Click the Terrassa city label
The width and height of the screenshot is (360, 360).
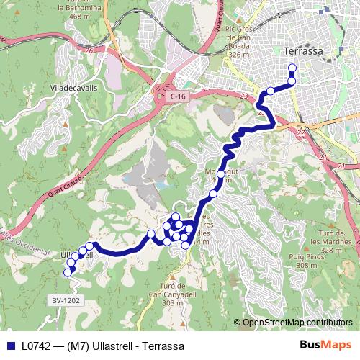[x=302, y=52]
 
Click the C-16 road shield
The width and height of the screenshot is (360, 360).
[x=179, y=95]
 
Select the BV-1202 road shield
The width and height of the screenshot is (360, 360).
[x=67, y=300]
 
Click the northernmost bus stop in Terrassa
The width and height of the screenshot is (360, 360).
[x=292, y=68]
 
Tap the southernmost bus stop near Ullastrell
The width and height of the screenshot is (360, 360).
[x=68, y=272]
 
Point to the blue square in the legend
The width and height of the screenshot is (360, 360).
[x=11, y=346]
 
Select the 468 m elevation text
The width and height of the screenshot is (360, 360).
[x=86, y=16]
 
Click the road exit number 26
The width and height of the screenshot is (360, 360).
[x=89, y=50]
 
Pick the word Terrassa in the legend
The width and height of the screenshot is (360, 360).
[x=163, y=346]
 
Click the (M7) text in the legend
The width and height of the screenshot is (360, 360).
[x=79, y=346]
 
